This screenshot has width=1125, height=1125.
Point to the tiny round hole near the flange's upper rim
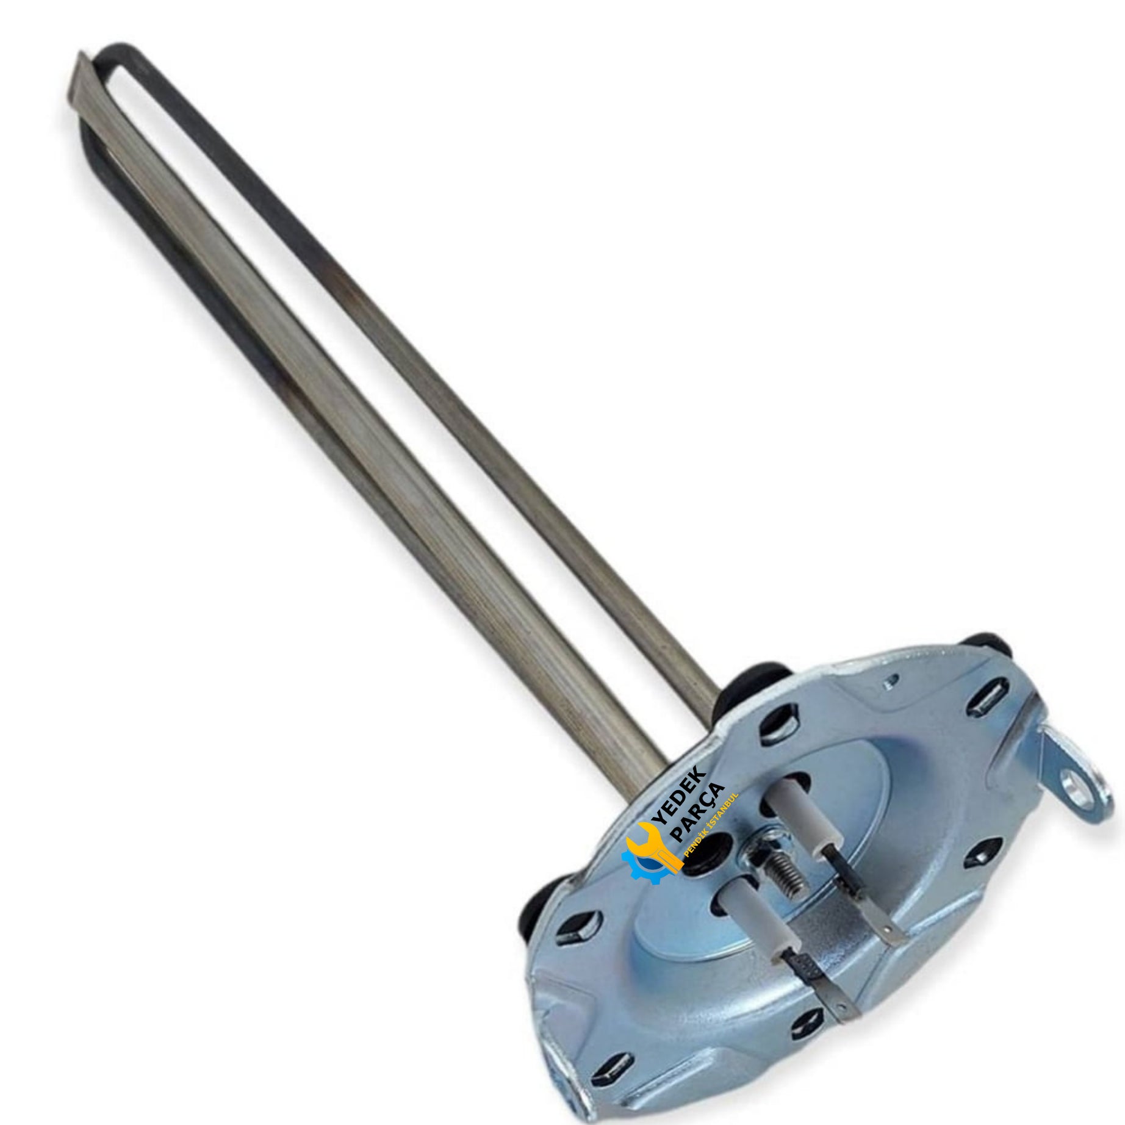tap(894, 677)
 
